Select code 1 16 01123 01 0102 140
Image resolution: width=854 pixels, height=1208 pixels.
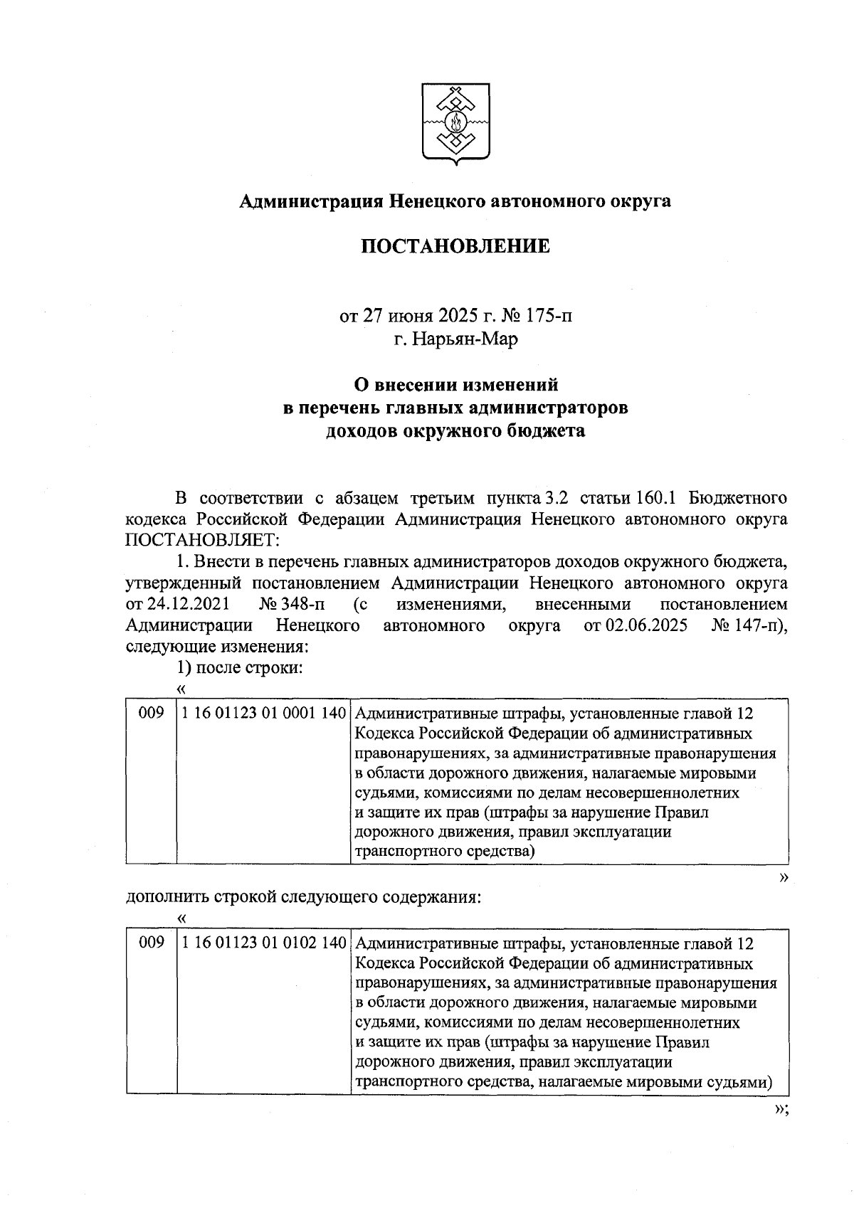tap(263, 944)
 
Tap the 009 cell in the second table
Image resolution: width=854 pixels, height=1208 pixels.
tap(151, 944)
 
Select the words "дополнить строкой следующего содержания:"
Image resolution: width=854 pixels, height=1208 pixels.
tap(304, 897)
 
